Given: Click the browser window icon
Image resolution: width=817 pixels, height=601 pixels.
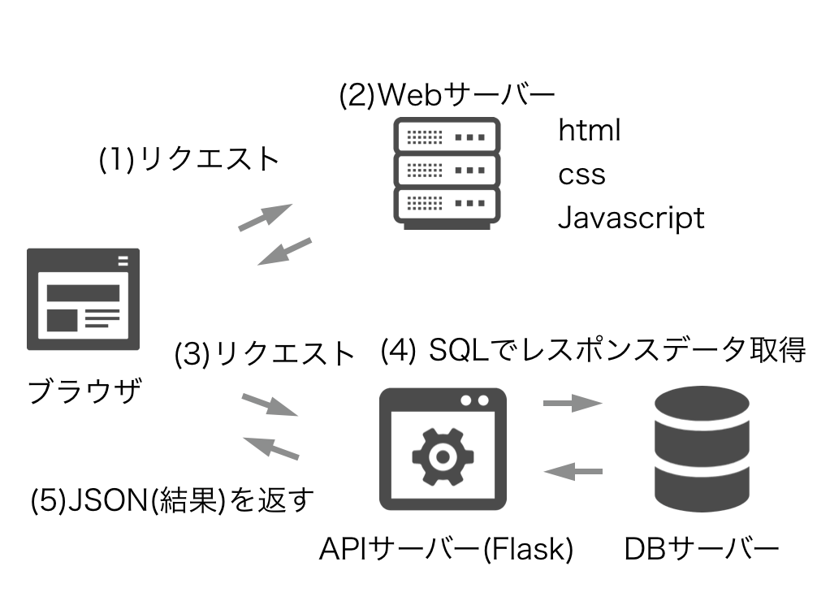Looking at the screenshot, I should pos(83,299).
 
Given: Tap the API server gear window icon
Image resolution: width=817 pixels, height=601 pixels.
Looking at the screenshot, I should pos(443,448).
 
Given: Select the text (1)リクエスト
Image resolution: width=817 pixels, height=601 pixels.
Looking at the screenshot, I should pos(189,158).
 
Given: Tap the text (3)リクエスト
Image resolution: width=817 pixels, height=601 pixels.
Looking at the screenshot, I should pos(265,354).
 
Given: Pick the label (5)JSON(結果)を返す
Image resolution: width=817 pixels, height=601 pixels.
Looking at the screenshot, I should pos(172,499).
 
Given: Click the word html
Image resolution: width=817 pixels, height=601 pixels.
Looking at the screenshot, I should pos(589,130).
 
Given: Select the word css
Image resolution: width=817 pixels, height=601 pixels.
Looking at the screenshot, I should pos(581,174).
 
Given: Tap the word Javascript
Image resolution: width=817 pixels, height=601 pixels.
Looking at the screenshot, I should pos(631,218).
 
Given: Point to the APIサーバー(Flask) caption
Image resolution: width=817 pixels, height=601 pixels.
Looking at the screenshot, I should pos(446,549).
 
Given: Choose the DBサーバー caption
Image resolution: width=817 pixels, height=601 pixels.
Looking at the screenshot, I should pos(701,549).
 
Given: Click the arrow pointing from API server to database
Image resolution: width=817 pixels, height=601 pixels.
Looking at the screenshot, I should pos(573,403).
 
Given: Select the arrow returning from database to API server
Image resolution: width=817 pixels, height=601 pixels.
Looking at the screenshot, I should pos(573,470).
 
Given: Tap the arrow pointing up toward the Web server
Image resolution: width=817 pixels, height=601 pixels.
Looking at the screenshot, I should pos(265,218).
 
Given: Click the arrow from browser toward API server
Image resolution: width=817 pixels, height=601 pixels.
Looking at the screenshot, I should pos(270,404).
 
